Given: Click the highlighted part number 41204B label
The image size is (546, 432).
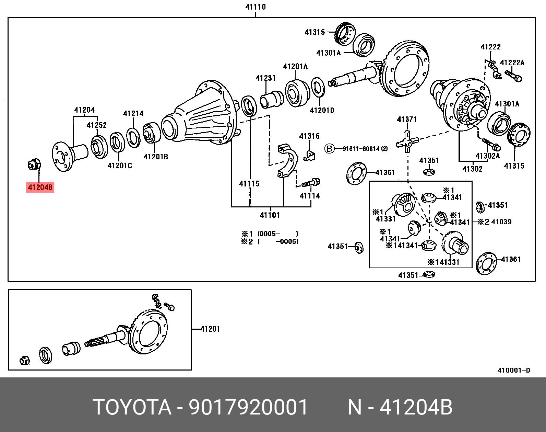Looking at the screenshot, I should [x=40, y=187].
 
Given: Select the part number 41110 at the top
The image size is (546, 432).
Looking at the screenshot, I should [x=256, y=7].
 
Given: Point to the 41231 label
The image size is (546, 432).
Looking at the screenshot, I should [x=265, y=78].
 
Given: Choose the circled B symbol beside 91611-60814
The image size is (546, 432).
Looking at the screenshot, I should [x=329, y=149].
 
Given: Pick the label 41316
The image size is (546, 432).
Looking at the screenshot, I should [x=309, y=136].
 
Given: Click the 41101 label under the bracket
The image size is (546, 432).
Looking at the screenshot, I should [x=270, y=215].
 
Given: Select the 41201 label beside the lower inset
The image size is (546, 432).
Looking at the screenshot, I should [x=210, y=329].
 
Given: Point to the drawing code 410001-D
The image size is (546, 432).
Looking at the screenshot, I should [x=513, y=371].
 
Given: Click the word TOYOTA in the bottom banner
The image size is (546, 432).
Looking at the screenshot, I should [x=132, y=407].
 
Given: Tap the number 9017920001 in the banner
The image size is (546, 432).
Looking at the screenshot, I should [x=249, y=407].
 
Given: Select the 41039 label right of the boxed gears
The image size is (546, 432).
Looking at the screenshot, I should [x=501, y=222].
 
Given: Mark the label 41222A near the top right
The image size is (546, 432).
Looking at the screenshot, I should [x=512, y=62].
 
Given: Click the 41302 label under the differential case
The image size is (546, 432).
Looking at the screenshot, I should [x=472, y=169].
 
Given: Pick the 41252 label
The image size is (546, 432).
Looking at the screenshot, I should [x=96, y=125].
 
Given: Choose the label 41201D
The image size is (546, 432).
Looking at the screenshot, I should [x=322, y=110].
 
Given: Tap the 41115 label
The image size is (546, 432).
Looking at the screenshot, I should [x=249, y=184].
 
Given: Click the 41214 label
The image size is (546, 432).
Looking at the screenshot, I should [x=133, y=114].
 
